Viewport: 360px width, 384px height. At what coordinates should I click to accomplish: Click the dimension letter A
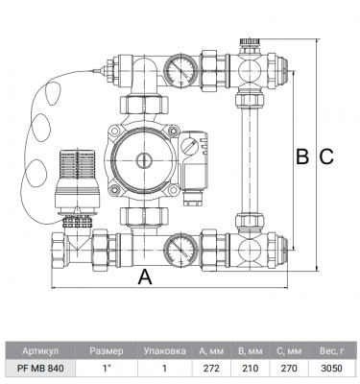pos(145,276)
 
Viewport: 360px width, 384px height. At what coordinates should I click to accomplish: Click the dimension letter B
pos(302,156)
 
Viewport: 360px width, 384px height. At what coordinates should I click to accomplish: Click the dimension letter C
pos(326,156)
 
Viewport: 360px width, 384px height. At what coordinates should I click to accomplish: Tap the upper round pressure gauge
pos(180,71)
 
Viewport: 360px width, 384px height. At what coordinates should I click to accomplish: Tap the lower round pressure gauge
pos(180,250)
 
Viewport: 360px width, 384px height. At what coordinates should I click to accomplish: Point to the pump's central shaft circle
pos(144,160)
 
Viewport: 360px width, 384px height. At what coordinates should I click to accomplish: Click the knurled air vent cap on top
pos(250,41)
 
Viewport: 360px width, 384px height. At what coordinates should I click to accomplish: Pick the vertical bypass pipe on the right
pos(250,160)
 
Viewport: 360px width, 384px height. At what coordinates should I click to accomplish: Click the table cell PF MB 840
pos(40,369)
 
